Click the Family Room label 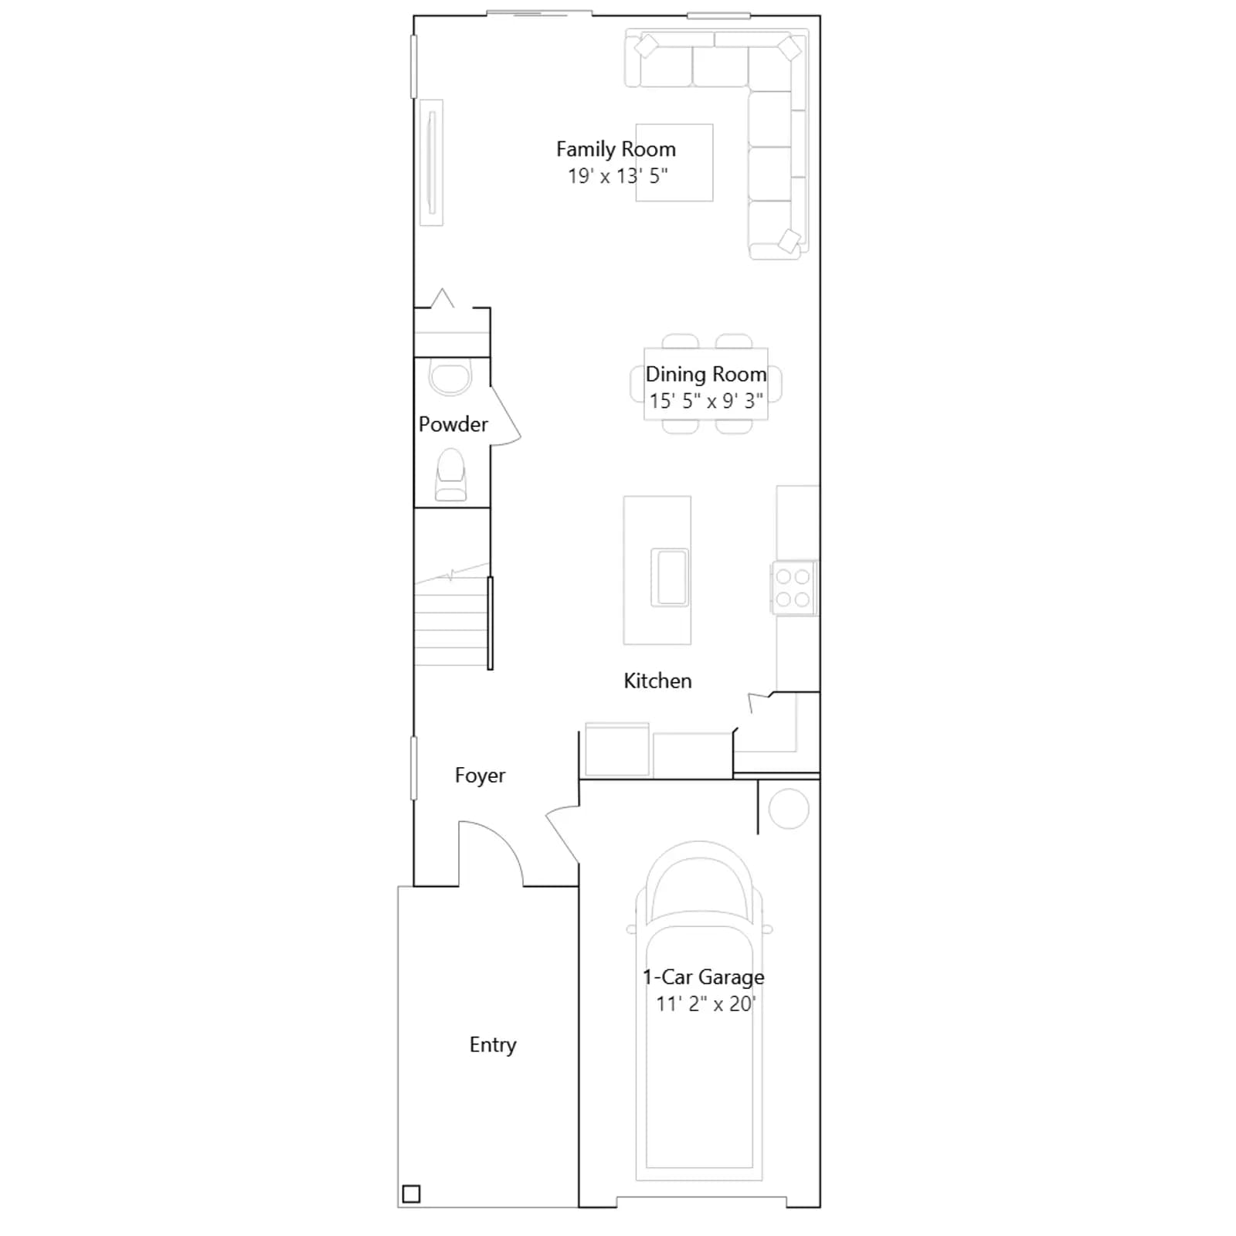pos(616,149)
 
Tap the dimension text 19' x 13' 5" pos(618,176)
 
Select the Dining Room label pos(706,375)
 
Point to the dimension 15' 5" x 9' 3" pos(706,401)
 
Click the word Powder pos(453,424)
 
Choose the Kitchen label pos(657,681)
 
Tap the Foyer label pos(480,776)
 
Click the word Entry pos(493,1045)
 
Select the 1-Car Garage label pos(704,977)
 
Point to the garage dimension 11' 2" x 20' pos(705,1003)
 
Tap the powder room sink pos(450,377)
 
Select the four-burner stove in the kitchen pos(793,588)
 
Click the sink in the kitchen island pos(669,577)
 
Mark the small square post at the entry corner pos(412,1194)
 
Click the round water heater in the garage pos(789,809)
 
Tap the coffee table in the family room pos(674,162)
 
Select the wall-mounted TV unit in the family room pos(432,162)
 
